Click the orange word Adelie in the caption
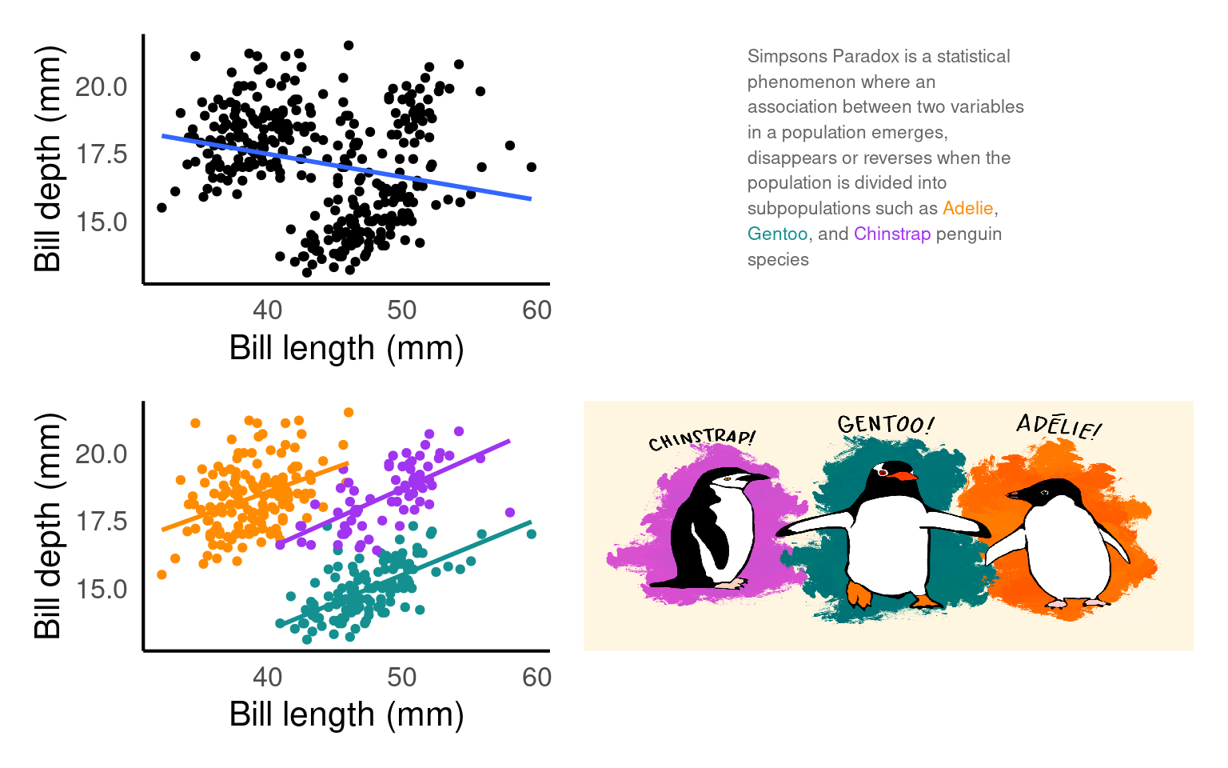point(967,209)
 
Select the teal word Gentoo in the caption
point(777,234)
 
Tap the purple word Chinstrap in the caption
point(891,234)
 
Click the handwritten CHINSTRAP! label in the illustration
point(701,439)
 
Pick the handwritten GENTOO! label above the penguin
point(885,424)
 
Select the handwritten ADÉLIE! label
point(1059,426)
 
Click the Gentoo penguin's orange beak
point(904,476)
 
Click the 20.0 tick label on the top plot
point(102,87)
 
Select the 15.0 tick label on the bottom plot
point(102,590)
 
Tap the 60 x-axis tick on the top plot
point(536,310)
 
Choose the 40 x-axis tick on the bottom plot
point(267,678)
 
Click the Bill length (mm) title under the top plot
point(346,349)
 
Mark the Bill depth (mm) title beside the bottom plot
point(48,526)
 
